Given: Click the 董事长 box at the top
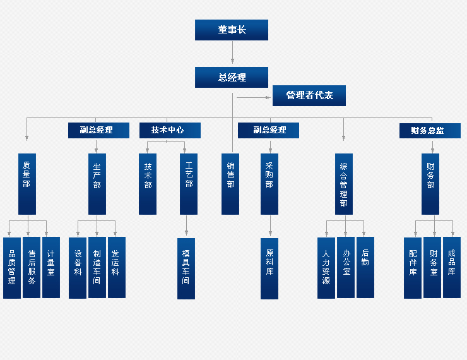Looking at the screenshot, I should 232,30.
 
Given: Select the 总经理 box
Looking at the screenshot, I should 232,77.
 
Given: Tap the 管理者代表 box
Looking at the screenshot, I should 309,95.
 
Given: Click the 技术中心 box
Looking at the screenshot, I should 170,130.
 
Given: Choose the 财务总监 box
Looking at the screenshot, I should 430,130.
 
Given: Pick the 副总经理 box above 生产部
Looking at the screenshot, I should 99,130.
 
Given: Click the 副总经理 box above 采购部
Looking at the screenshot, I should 268,130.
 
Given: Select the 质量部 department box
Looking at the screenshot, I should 27,183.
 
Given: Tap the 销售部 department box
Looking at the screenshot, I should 230,183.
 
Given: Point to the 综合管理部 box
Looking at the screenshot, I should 344,183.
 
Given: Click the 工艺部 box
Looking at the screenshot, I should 189,183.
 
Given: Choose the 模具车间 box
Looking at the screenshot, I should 186,268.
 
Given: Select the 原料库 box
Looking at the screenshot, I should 269,268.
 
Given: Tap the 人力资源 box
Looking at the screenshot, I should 326,267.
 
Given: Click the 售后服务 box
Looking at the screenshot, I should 32,267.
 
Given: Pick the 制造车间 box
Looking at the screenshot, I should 97,267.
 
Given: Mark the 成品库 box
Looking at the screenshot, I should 452,267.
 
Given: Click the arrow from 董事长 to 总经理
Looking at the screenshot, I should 232,53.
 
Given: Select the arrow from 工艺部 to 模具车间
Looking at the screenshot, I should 187,226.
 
